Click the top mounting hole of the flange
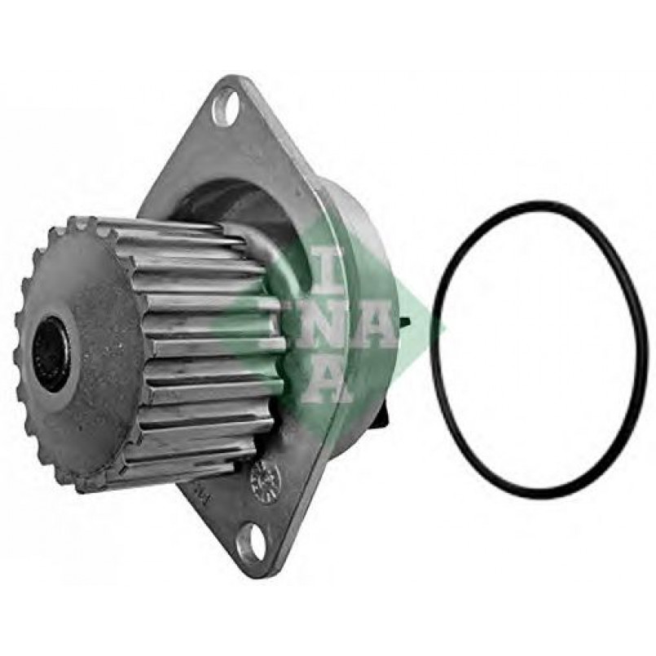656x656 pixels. pos(226,108)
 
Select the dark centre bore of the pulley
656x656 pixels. pos(53,354)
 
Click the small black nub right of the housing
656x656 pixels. pos(405,322)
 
